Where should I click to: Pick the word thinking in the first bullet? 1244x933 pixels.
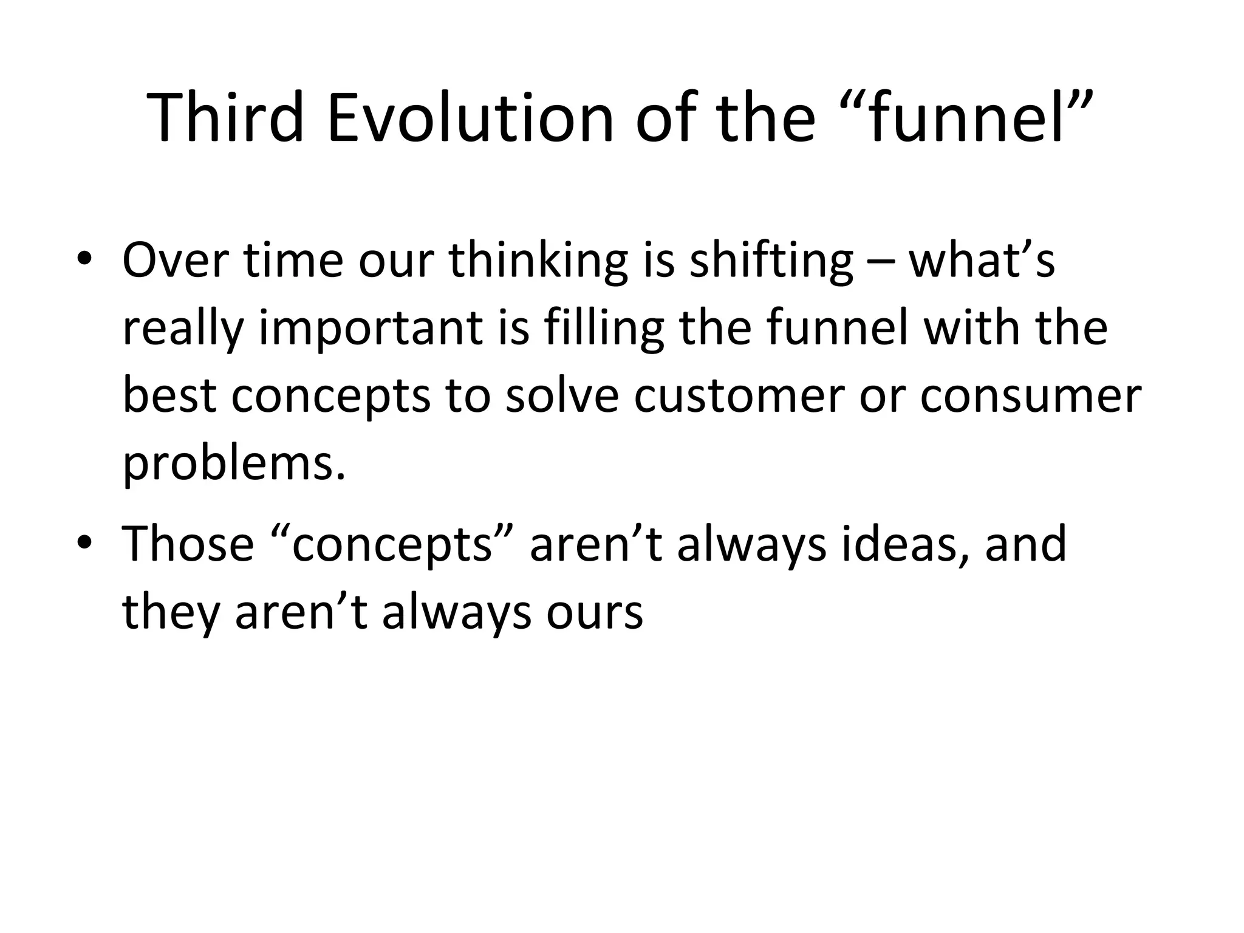tap(538, 261)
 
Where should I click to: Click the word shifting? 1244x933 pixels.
tap(771, 261)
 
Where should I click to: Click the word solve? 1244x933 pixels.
tap(562, 396)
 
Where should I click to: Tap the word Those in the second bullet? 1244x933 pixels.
tap(188, 544)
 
